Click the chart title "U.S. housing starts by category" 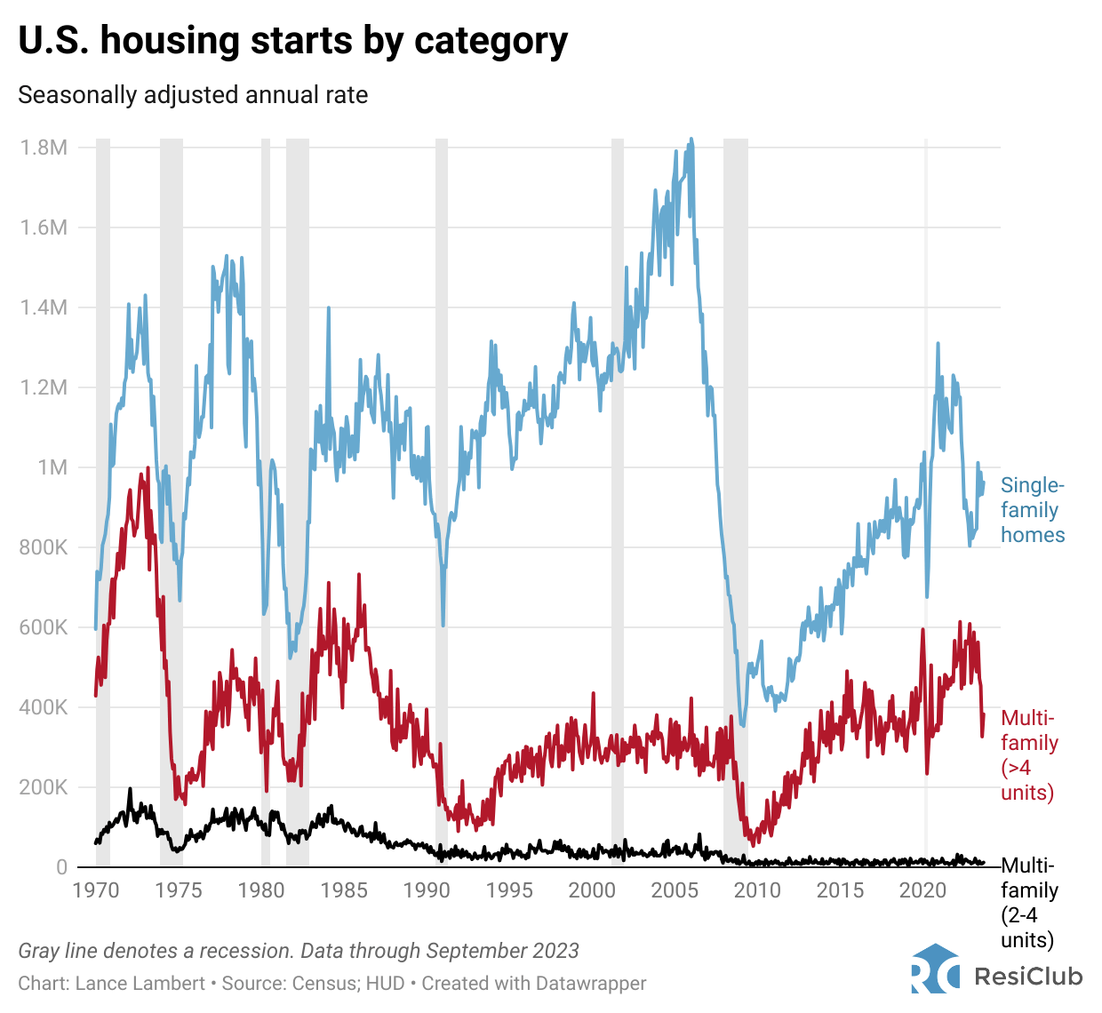click(x=292, y=41)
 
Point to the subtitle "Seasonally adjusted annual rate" click(x=193, y=95)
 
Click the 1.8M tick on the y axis click(x=44, y=148)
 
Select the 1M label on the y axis click(x=52, y=467)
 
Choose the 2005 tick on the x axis click(x=675, y=890)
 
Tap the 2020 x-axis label click(x=922, y=890)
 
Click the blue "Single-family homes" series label click(x=1032, y=510)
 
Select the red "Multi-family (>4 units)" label click(x=1029, y=755)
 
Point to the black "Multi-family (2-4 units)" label click(x=1029, y=903)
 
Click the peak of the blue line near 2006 click(x=691, y=140)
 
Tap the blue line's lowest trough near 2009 click(x=743, y=726)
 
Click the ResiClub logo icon click(x=935, y=969)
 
